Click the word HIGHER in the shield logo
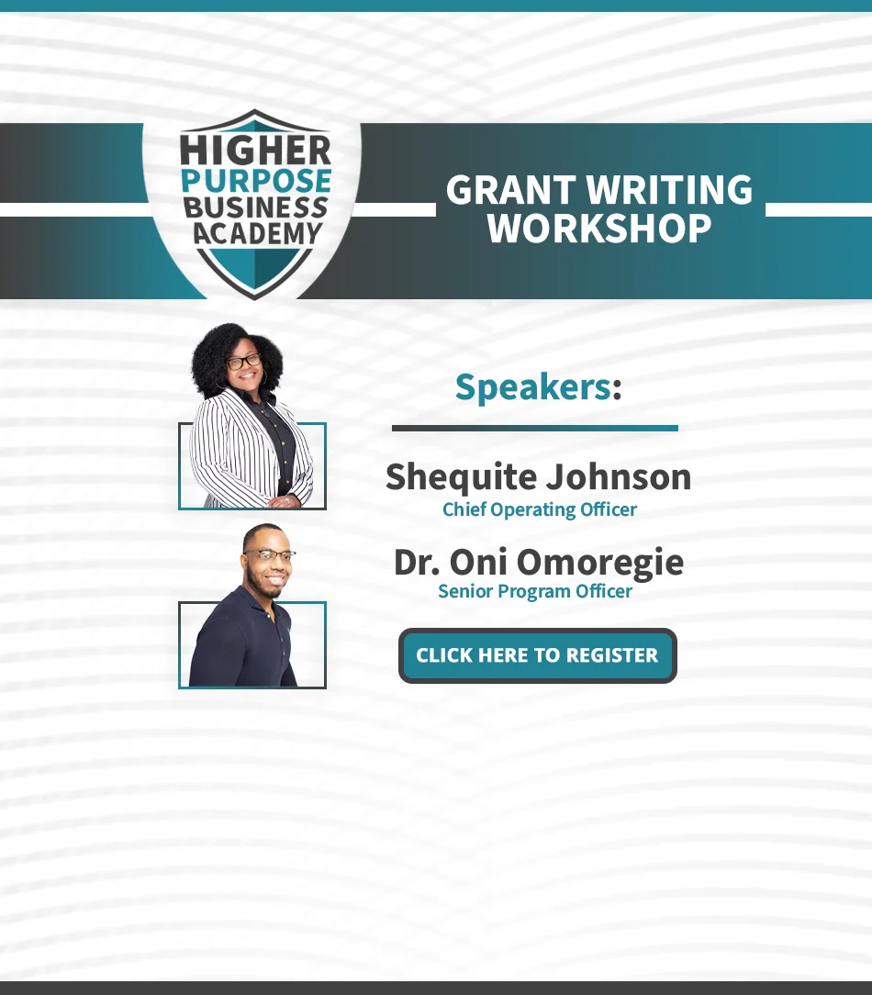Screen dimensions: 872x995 (255, 151)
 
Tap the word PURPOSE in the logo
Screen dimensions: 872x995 (256, 181)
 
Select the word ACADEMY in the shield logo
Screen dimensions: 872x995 (258, 233)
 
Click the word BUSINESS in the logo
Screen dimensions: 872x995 (256, 207)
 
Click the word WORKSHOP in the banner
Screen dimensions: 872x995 (599, 229)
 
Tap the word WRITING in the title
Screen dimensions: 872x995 (669, 190)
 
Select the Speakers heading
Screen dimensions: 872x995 (538, 387)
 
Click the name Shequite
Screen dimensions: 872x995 (462, 478)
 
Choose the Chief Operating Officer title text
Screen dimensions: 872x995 (540, 509)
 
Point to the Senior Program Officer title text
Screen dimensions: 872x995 (535, 591)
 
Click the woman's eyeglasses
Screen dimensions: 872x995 (244, 362)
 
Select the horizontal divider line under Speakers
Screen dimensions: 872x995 (535, 429)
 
